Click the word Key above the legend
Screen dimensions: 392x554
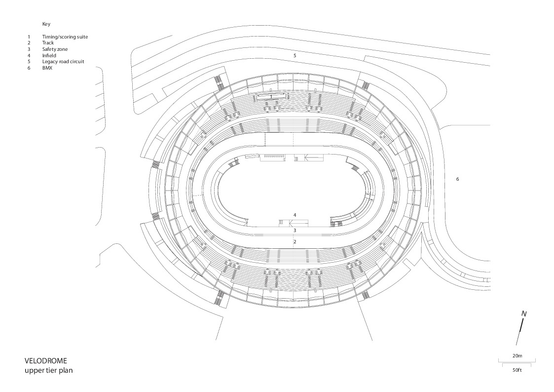pyautogui.click(x=46, y=24)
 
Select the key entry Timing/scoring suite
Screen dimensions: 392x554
pyautogui.click(x=65, y=37)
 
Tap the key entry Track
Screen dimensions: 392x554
pyautogui.click(x=48, y=43)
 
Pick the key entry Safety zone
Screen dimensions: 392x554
pyautogui.click(x=55, y=49)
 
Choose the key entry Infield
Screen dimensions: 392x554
pyautogui.click(x=49, y=56)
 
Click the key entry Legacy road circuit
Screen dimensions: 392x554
pyautogui.click(x=63, y=62)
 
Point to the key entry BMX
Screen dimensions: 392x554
pyautogui.click(x=47, y=68)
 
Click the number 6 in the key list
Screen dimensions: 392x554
pyautogui.click(x=29, y=68)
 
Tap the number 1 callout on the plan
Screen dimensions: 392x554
pyautogui.click(x=271, y=96)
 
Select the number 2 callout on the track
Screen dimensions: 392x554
pyautogui.click(x=295, y=241)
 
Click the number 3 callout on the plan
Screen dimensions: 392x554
pyautogui.click(x=295, y=230)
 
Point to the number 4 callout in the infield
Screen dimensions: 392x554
pyautogui.click(x=295, y=215)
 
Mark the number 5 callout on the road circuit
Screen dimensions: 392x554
pyautogui.click(x=295, y=56)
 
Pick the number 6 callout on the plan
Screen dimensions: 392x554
pyautogui.click(x=457, y=179)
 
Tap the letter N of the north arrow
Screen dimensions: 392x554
pyautogui.click(x=524, y=314)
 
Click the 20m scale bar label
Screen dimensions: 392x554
pyautogui.click(x=517, y=355)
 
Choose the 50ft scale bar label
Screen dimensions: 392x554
pyautogui.click(x=517, y=370)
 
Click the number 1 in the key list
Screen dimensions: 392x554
pyautogui.click(x=29, y=37)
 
